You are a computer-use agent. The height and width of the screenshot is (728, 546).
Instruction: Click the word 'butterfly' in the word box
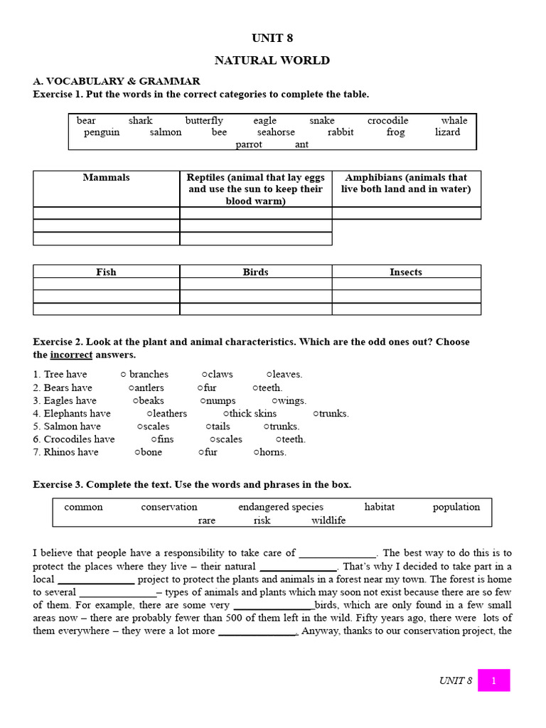point(204,121)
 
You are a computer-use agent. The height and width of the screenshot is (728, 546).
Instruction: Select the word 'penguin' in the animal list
point(101,132)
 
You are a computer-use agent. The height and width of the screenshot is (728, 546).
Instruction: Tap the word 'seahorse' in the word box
point(276,132)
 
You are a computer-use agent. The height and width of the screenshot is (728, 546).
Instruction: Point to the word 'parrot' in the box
point(249,144)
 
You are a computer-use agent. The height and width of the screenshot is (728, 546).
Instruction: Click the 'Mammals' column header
point(106,178)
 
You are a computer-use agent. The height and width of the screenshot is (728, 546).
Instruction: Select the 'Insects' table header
point(406,272)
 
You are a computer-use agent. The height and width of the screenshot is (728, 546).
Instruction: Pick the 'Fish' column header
point(106,272)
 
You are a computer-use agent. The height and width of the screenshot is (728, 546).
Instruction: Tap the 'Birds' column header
point(255,272)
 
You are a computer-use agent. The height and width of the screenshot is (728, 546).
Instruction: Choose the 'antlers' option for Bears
point(147,387)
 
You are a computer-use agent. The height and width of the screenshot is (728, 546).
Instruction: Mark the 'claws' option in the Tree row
point(218,375)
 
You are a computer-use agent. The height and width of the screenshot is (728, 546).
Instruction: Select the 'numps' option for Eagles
point(219,401)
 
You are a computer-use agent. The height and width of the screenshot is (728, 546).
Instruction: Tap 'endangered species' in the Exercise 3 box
point(281,508)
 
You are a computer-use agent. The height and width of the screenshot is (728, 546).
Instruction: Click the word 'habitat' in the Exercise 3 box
point(379,508)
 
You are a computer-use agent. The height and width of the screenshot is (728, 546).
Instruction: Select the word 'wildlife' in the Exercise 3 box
point(328,520)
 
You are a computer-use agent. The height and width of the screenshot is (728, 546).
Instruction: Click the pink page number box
point(493,680)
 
